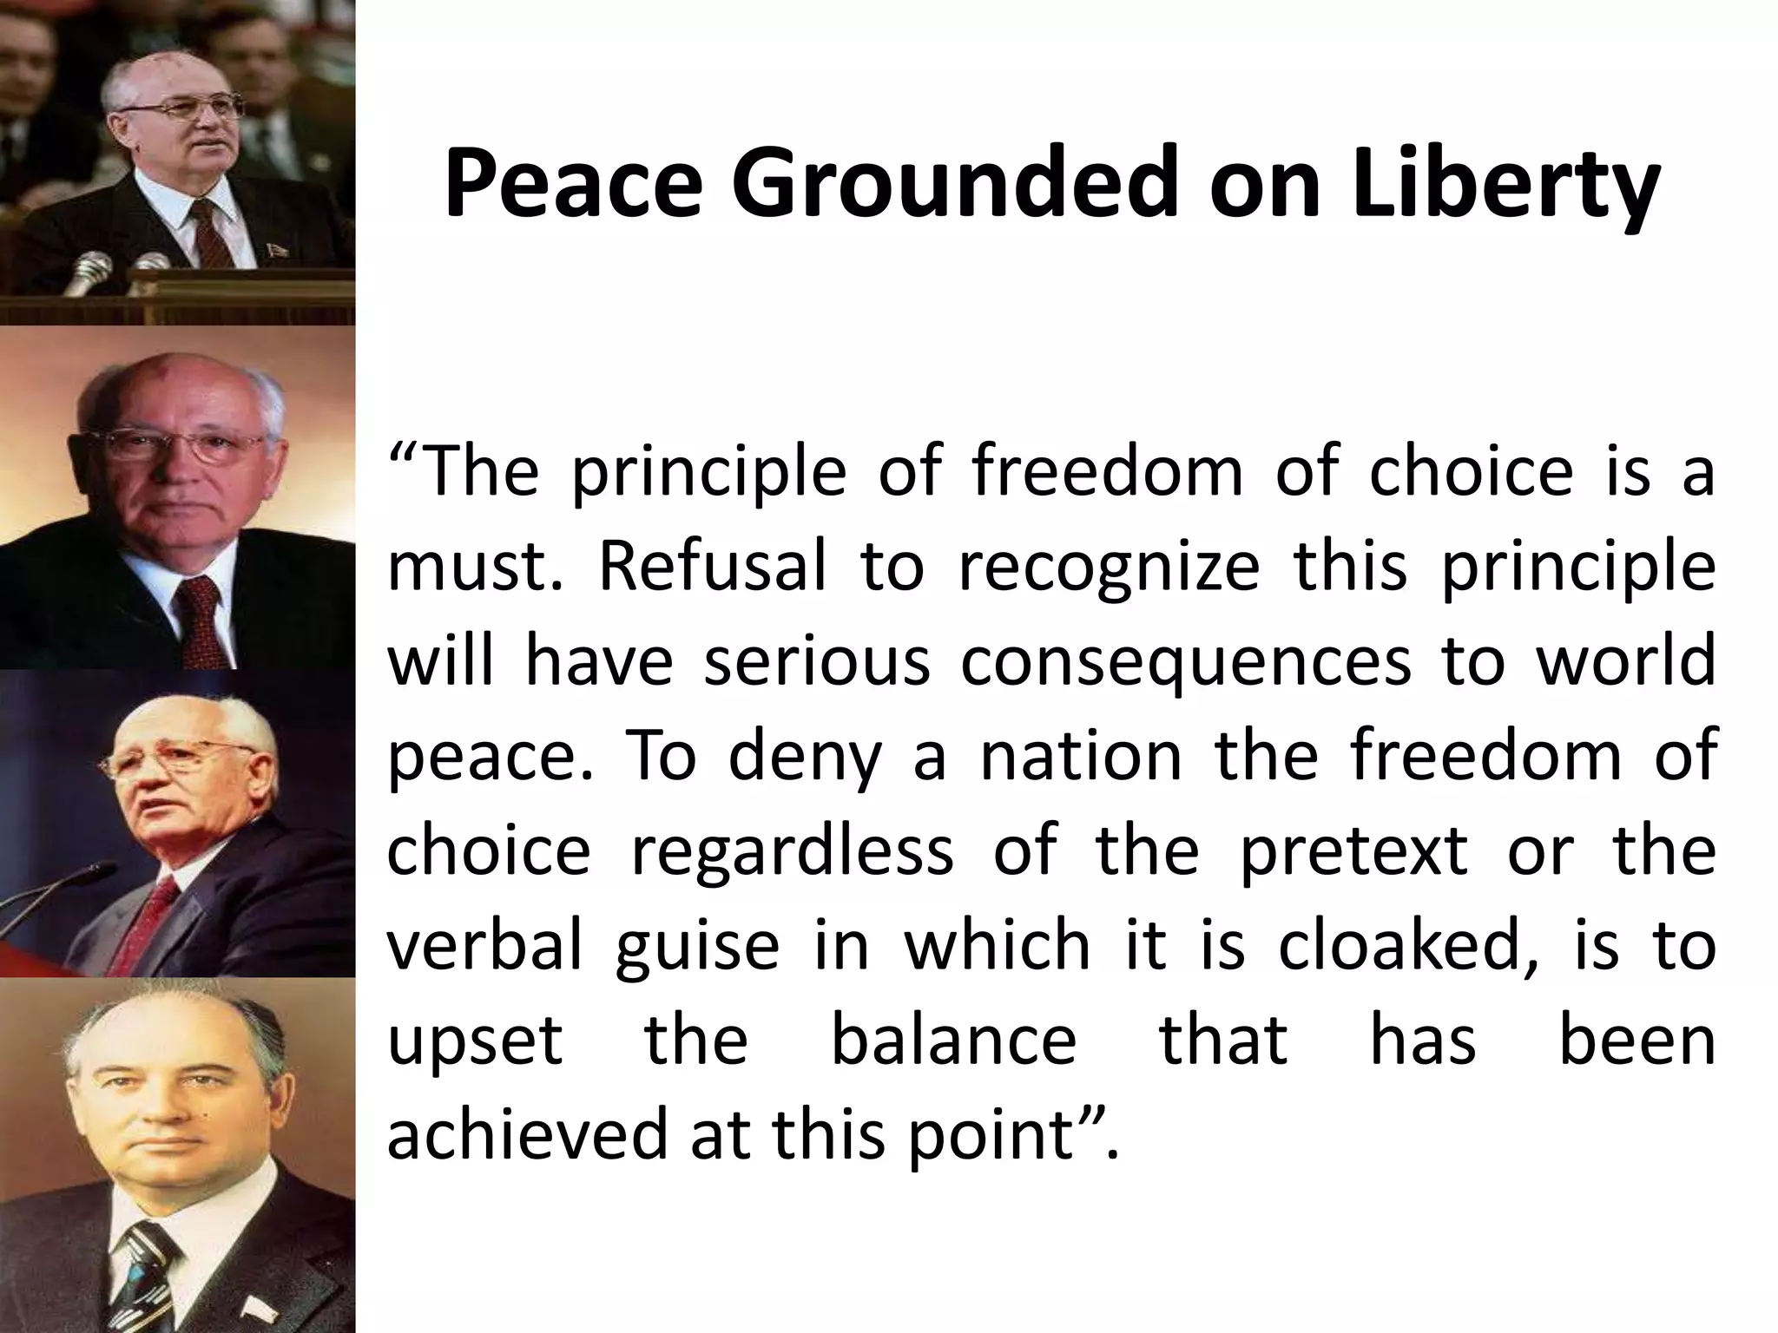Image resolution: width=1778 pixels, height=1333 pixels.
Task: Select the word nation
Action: pyautogui.click(x=1081, y=755)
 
